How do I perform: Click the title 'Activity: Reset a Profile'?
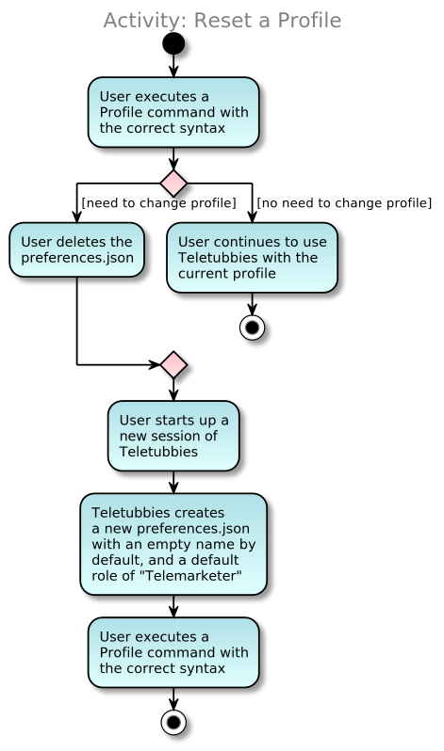tap(222, 20)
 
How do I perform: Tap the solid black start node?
tap(173, 44)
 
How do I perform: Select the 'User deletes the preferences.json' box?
tap(76, 249)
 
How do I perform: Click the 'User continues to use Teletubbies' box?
tap(252, 257)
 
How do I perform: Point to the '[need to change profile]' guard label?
tap(158, 202)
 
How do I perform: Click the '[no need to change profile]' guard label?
tap(344, 202)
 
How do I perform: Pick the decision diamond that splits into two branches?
tap(173, 183)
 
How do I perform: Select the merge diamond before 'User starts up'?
tap(173, 364)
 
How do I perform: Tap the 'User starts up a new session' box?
tap(173, 435)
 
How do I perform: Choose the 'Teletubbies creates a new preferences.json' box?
tap(173, 544)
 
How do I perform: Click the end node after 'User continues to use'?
tap(252, 327)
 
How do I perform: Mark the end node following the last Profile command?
tap(173, 722)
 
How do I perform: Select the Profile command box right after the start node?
tap(173, 112)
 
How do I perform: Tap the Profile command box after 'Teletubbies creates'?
tap(173, 652)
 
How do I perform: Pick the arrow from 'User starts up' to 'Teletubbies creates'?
tap(173, 482)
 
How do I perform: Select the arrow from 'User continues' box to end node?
tap(252, 303)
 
